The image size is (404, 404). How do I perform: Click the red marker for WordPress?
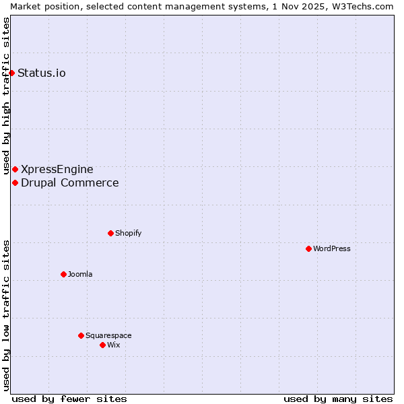tap(308, 248)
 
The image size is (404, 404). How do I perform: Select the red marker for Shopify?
tap(110, 233)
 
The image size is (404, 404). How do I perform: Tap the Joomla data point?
tap(63, 274)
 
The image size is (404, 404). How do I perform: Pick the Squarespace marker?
tap(81, 335)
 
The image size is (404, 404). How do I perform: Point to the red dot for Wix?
tap(102, 345)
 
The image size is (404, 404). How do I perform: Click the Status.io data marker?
tap(11, 73)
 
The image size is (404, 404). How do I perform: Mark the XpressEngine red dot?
tap(15, 169)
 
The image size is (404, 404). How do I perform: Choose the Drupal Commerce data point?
tap(15, 182)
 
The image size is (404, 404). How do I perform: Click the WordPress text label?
tap(331, 248)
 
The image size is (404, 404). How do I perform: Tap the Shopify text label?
tap(128, 233)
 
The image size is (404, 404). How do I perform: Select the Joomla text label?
tap(80, 274)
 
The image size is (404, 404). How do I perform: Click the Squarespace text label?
tap(108, 335)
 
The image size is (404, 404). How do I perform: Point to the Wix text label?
tap(113, 345)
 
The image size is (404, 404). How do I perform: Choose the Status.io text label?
tap(42, 73)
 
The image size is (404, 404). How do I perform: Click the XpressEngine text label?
tap(57, 169)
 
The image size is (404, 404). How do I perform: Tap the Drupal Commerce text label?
tap(70, 182)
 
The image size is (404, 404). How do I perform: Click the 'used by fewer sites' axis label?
tap(69, 399)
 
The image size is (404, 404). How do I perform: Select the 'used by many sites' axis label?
tap(338, 399)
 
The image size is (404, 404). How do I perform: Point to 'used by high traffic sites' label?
tap(6, 96)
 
